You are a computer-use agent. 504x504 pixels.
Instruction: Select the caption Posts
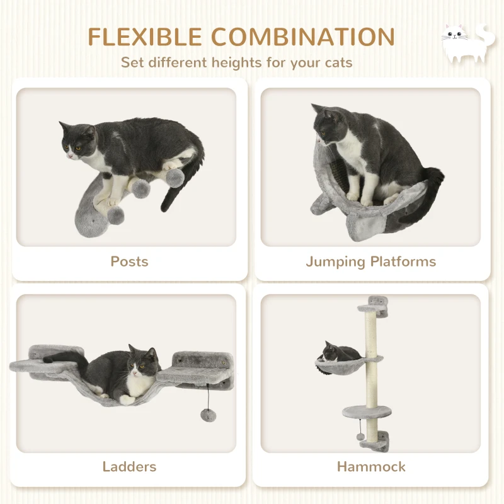(x=129, y=261)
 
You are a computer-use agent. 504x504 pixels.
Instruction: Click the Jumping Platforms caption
(x=370, y=261)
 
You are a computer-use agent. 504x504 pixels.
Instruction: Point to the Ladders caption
(x=129, y=467)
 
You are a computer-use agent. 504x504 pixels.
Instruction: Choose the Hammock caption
(x=371, y=467)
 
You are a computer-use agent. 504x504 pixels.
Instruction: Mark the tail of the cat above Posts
(x=173, y=193)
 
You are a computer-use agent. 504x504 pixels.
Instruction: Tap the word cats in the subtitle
(x=336, y=62)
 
